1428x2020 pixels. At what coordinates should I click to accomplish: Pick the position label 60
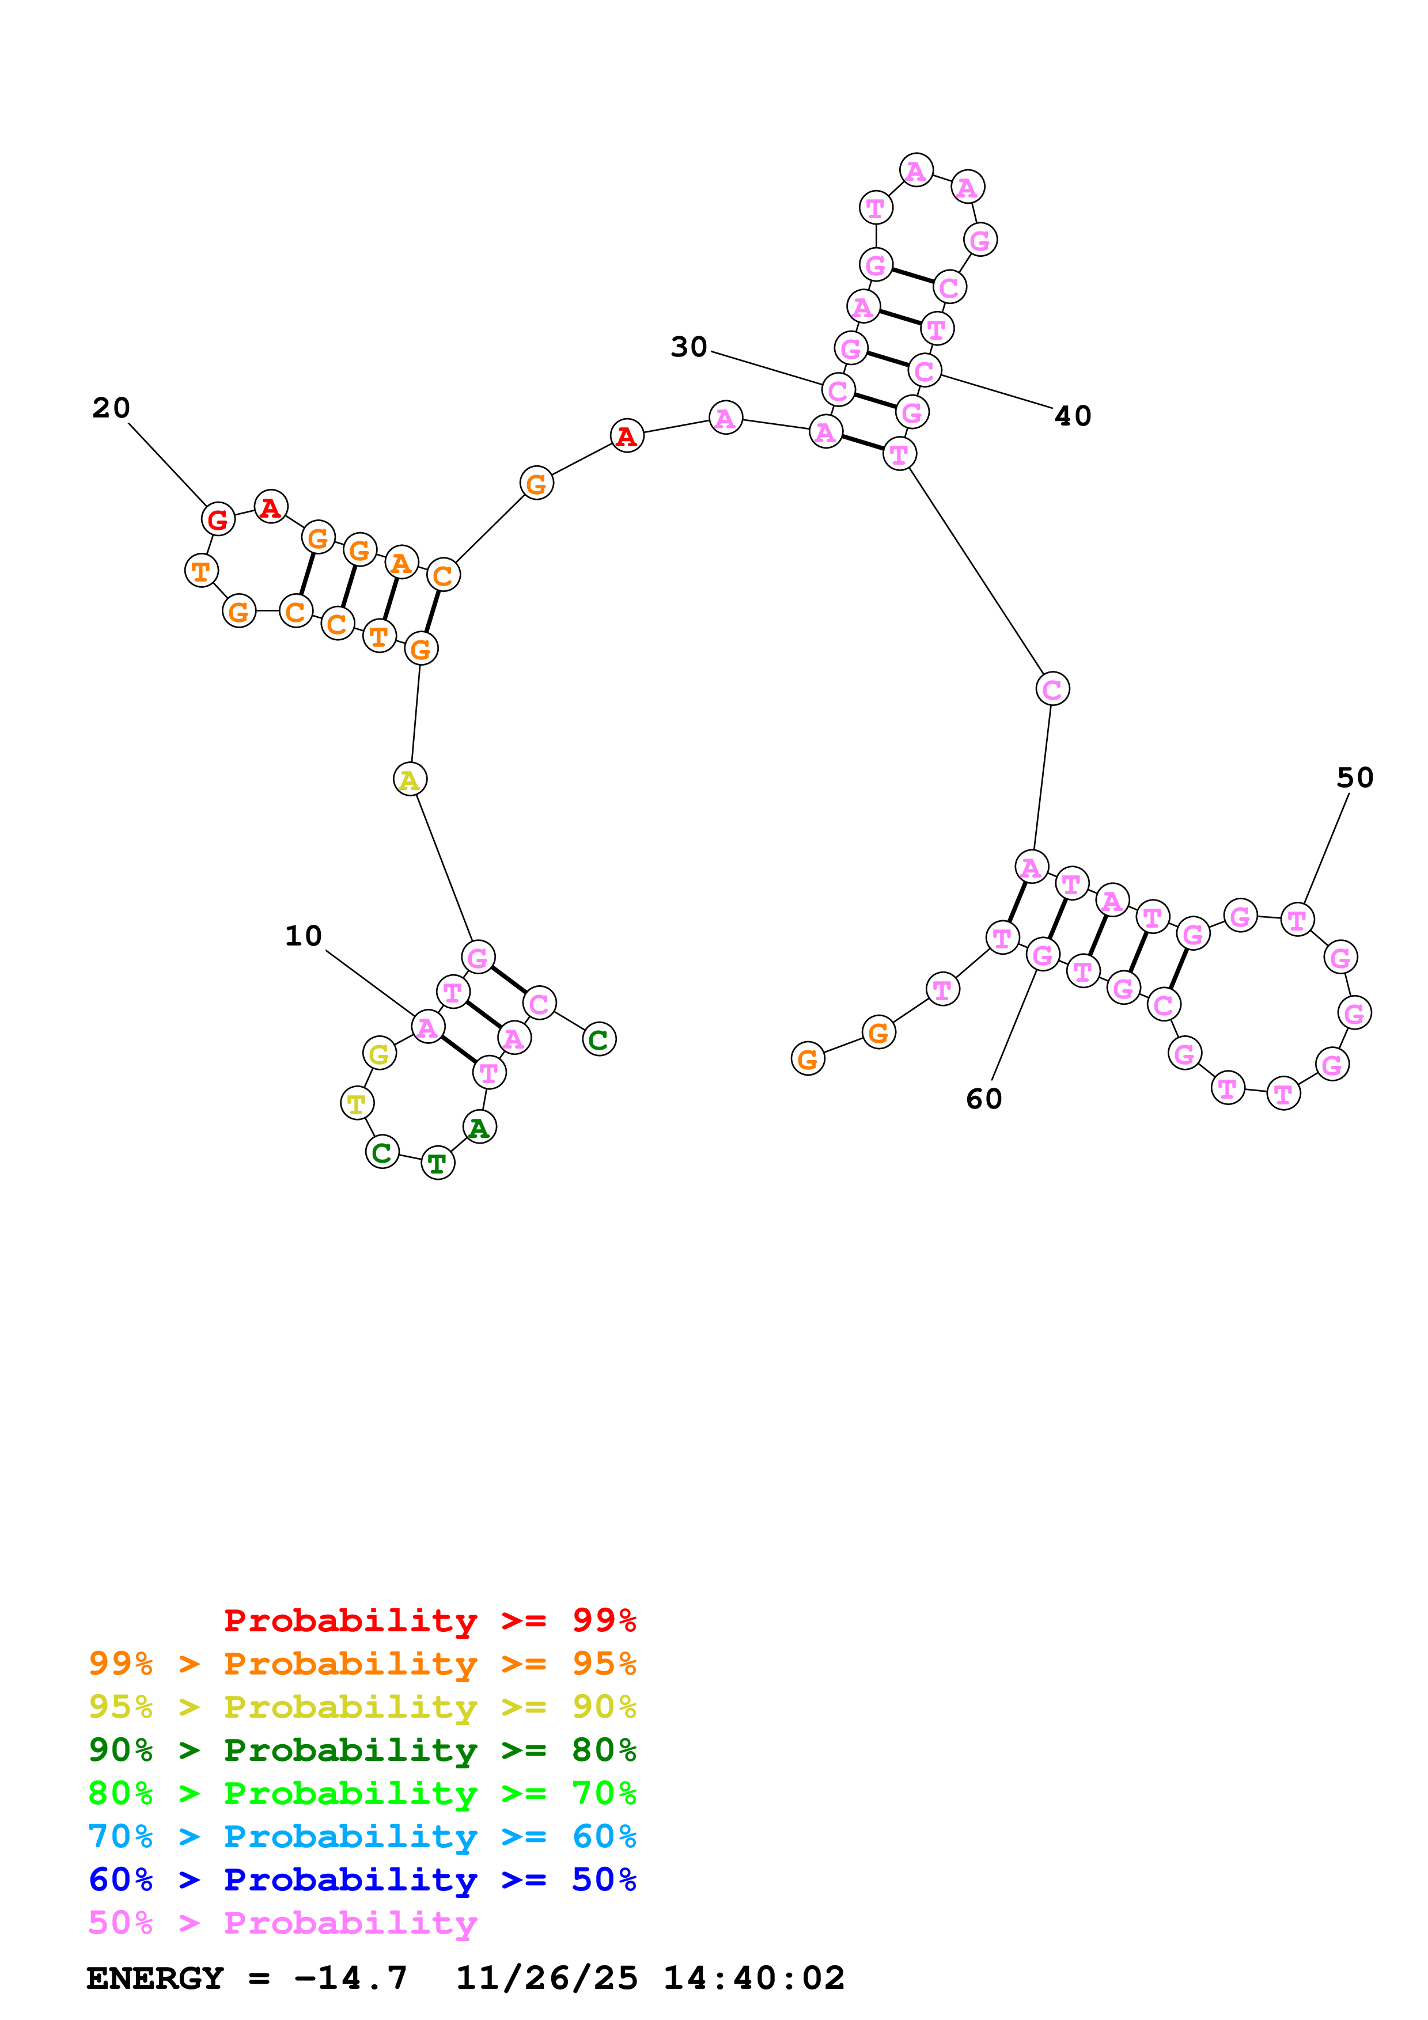[x=984, y=1098]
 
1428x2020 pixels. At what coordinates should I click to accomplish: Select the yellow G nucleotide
[x=379, y=1053]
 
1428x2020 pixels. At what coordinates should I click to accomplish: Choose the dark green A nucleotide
[x=479, y=1127]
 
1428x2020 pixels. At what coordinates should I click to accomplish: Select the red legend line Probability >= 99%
[x=429, y=1620]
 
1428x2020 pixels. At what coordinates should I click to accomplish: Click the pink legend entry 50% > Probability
[x=282, y=1922]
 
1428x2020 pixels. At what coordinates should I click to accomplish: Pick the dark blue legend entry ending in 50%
[x=362, y=1879]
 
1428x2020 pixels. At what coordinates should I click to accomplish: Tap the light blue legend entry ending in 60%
[x=362, y=1836]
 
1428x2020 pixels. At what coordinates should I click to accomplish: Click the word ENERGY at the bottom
[x=155, y=1978]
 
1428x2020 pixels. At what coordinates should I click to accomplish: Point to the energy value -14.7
[x=350, y=1978]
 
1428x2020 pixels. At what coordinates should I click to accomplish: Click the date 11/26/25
[x=547, y=1978]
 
